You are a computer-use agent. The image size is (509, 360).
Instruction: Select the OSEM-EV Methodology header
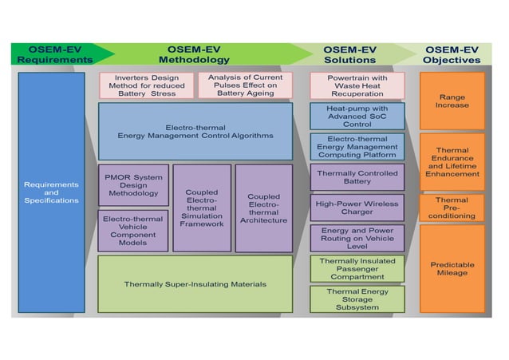pos(194,53)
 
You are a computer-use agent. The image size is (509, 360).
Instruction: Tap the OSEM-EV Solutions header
pos(349,53)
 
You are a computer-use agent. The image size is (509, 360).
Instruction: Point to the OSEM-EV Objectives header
pos(452,53)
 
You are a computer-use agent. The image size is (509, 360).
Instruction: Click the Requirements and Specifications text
pos(51,192)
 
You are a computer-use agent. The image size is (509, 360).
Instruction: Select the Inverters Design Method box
pos(146,85)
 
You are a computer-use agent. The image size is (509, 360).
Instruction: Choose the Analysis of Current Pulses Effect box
pos(246,85)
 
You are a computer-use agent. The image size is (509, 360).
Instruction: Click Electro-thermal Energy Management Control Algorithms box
pos(195,131)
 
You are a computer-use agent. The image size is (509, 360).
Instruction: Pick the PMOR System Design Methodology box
pos(133,184)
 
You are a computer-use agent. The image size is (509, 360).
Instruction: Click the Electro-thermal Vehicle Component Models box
pos(133,231)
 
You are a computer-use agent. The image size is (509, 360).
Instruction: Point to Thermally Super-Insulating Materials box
pos(195,283)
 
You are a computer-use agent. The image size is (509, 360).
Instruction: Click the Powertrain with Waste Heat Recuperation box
pos(357,85)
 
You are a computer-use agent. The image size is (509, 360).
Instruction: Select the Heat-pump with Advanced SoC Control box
pos(357,116)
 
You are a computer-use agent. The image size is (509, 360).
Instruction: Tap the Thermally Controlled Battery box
pos(357,176)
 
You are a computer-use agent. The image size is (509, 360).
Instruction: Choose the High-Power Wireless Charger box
pos(357,208)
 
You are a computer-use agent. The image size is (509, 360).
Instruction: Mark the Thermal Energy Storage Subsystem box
pos(357,299)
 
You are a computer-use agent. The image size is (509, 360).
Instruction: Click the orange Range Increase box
pos(452,101)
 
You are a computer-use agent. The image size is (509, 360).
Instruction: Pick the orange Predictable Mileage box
pos(452,269)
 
